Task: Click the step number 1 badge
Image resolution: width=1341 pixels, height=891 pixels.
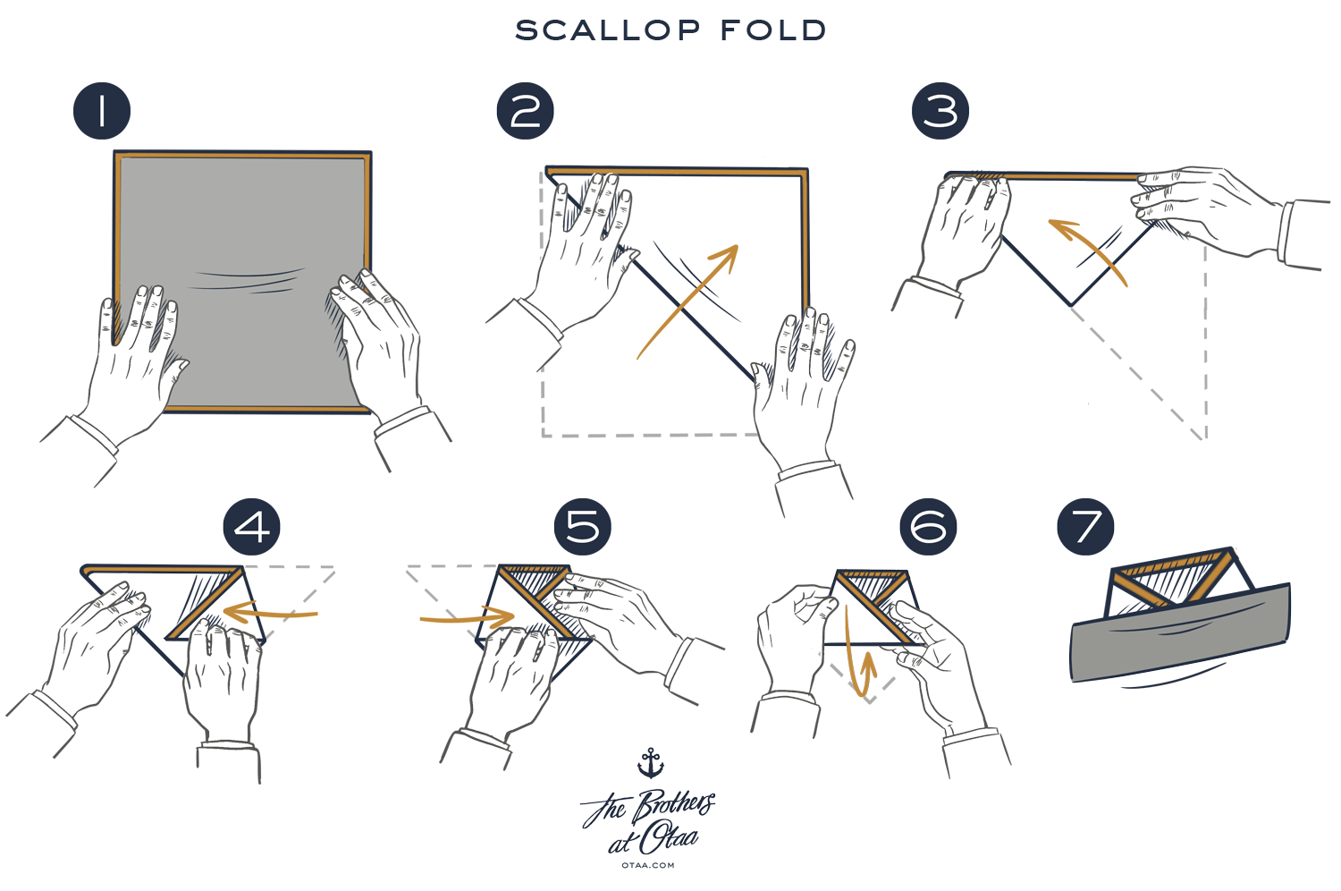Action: [x=101, y=111]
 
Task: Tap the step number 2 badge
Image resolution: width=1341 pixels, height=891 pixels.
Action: [x=525, y=111]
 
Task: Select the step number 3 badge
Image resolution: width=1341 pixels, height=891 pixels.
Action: [x=939, y=111]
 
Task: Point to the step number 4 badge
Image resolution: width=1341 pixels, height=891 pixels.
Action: [x=251, y=526]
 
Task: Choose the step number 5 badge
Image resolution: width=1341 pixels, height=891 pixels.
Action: [x=582, y=526]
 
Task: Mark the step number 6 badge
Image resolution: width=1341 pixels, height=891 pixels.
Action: [x=928, y=526]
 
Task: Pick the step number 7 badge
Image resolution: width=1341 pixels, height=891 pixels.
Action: [x=1085, y=526]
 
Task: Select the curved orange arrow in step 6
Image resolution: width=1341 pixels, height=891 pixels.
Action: [x=860, y=671]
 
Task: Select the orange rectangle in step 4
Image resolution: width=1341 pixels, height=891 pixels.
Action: [x=270, y=612]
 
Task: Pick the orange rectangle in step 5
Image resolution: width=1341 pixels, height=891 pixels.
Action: [x=467, y=615]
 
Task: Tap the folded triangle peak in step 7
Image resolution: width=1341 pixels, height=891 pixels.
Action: [x=1171, y=573]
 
